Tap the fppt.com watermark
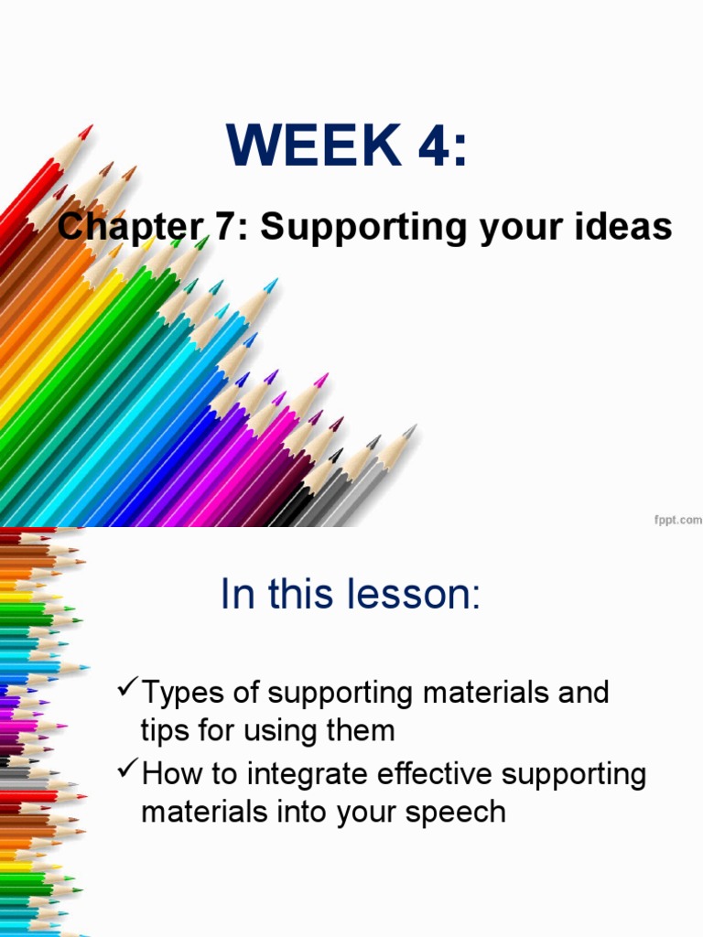pyautogui.click(x=678, y=519)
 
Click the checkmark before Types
pyautogui.click(x=127, y=687)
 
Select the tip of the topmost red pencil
pyautogui.click(x=88, y=131)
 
